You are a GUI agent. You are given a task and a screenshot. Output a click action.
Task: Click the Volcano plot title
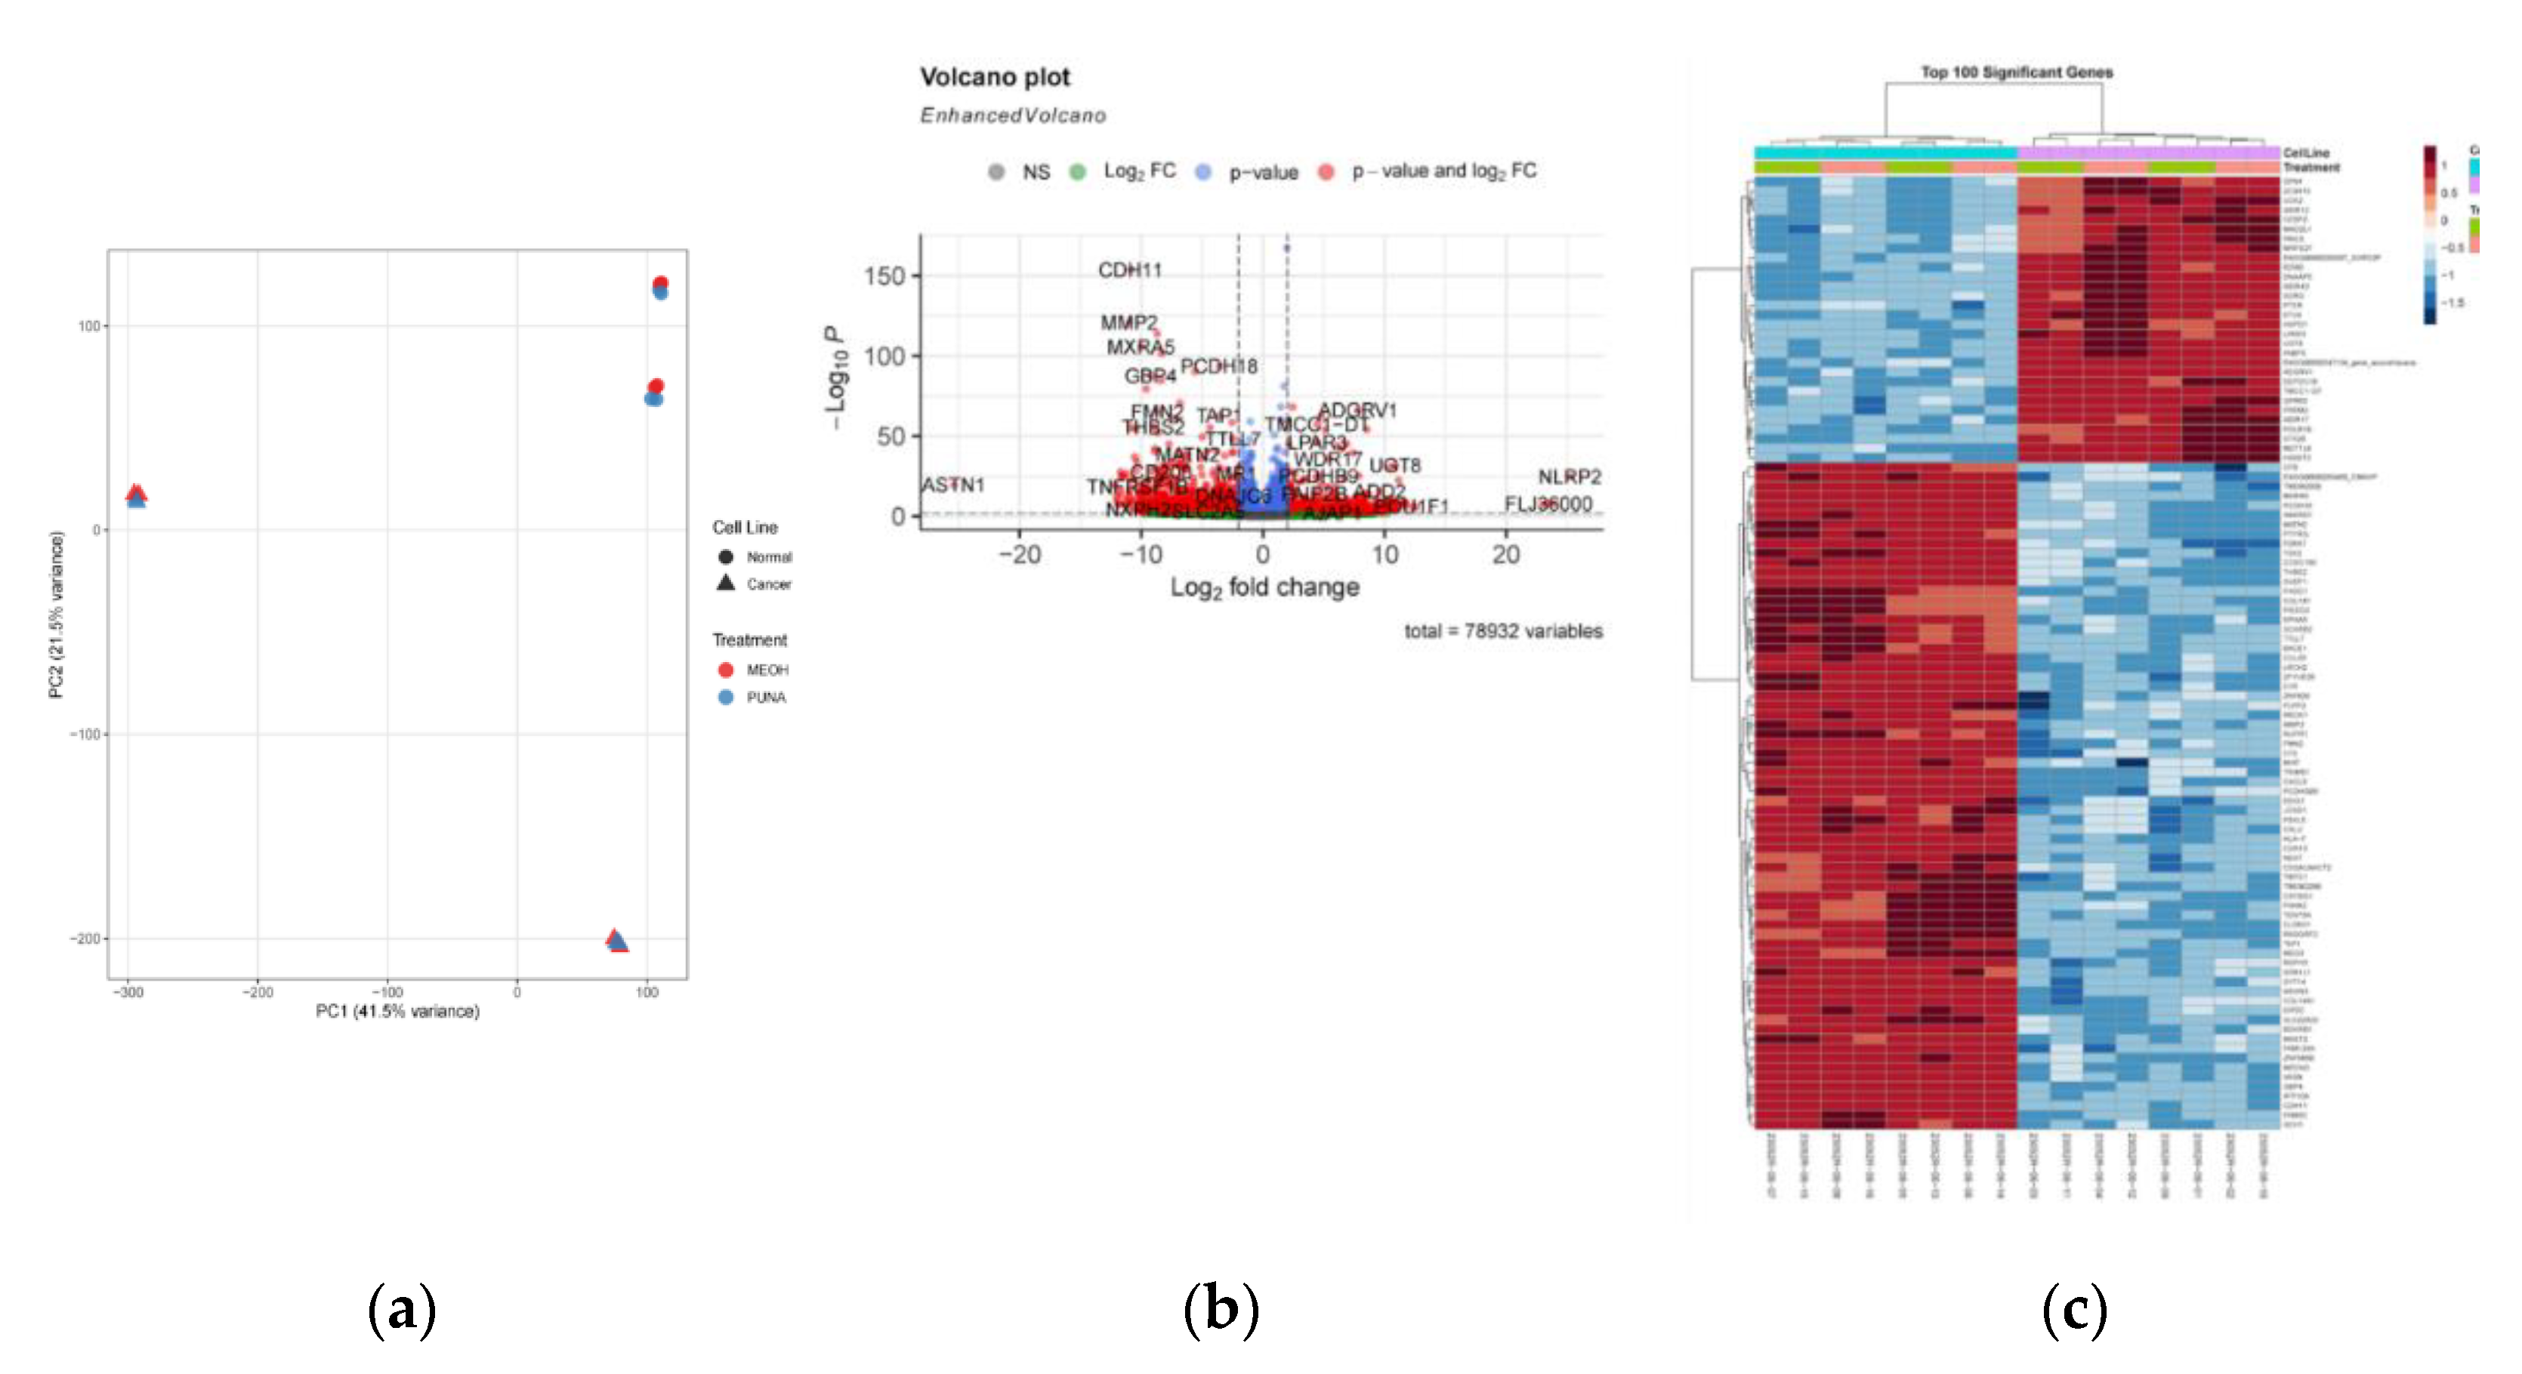click(994, 76)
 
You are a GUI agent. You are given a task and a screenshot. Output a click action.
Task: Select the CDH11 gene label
click(1129, 270)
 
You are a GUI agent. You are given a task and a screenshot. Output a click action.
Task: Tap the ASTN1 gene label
click(952, 485)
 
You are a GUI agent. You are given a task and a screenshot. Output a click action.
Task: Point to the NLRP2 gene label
click(1569, 476)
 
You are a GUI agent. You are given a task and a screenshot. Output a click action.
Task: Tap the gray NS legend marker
click(996, 172)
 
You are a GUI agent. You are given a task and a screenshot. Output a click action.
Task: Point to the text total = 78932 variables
click(1503, 631)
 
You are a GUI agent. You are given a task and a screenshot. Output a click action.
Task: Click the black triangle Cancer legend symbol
click(725, 584)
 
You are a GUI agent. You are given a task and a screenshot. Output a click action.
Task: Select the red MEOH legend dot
click(725, 670)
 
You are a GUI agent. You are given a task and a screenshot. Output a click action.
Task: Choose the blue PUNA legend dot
click(725, 698)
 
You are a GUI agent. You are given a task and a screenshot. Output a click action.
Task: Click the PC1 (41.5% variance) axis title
click(397, 1011)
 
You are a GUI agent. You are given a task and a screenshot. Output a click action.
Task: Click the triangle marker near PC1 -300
click(136, 495)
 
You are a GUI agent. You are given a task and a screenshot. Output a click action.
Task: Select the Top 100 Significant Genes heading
click(2015, 72)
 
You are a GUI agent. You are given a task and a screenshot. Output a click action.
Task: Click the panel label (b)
click(1220, 1309)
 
